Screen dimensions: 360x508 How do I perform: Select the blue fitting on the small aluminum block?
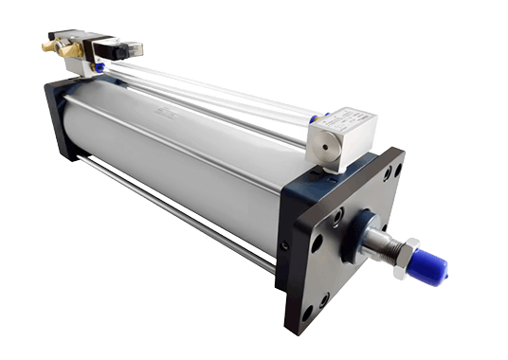point(319,118)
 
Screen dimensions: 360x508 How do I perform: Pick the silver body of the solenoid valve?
point(81,47)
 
